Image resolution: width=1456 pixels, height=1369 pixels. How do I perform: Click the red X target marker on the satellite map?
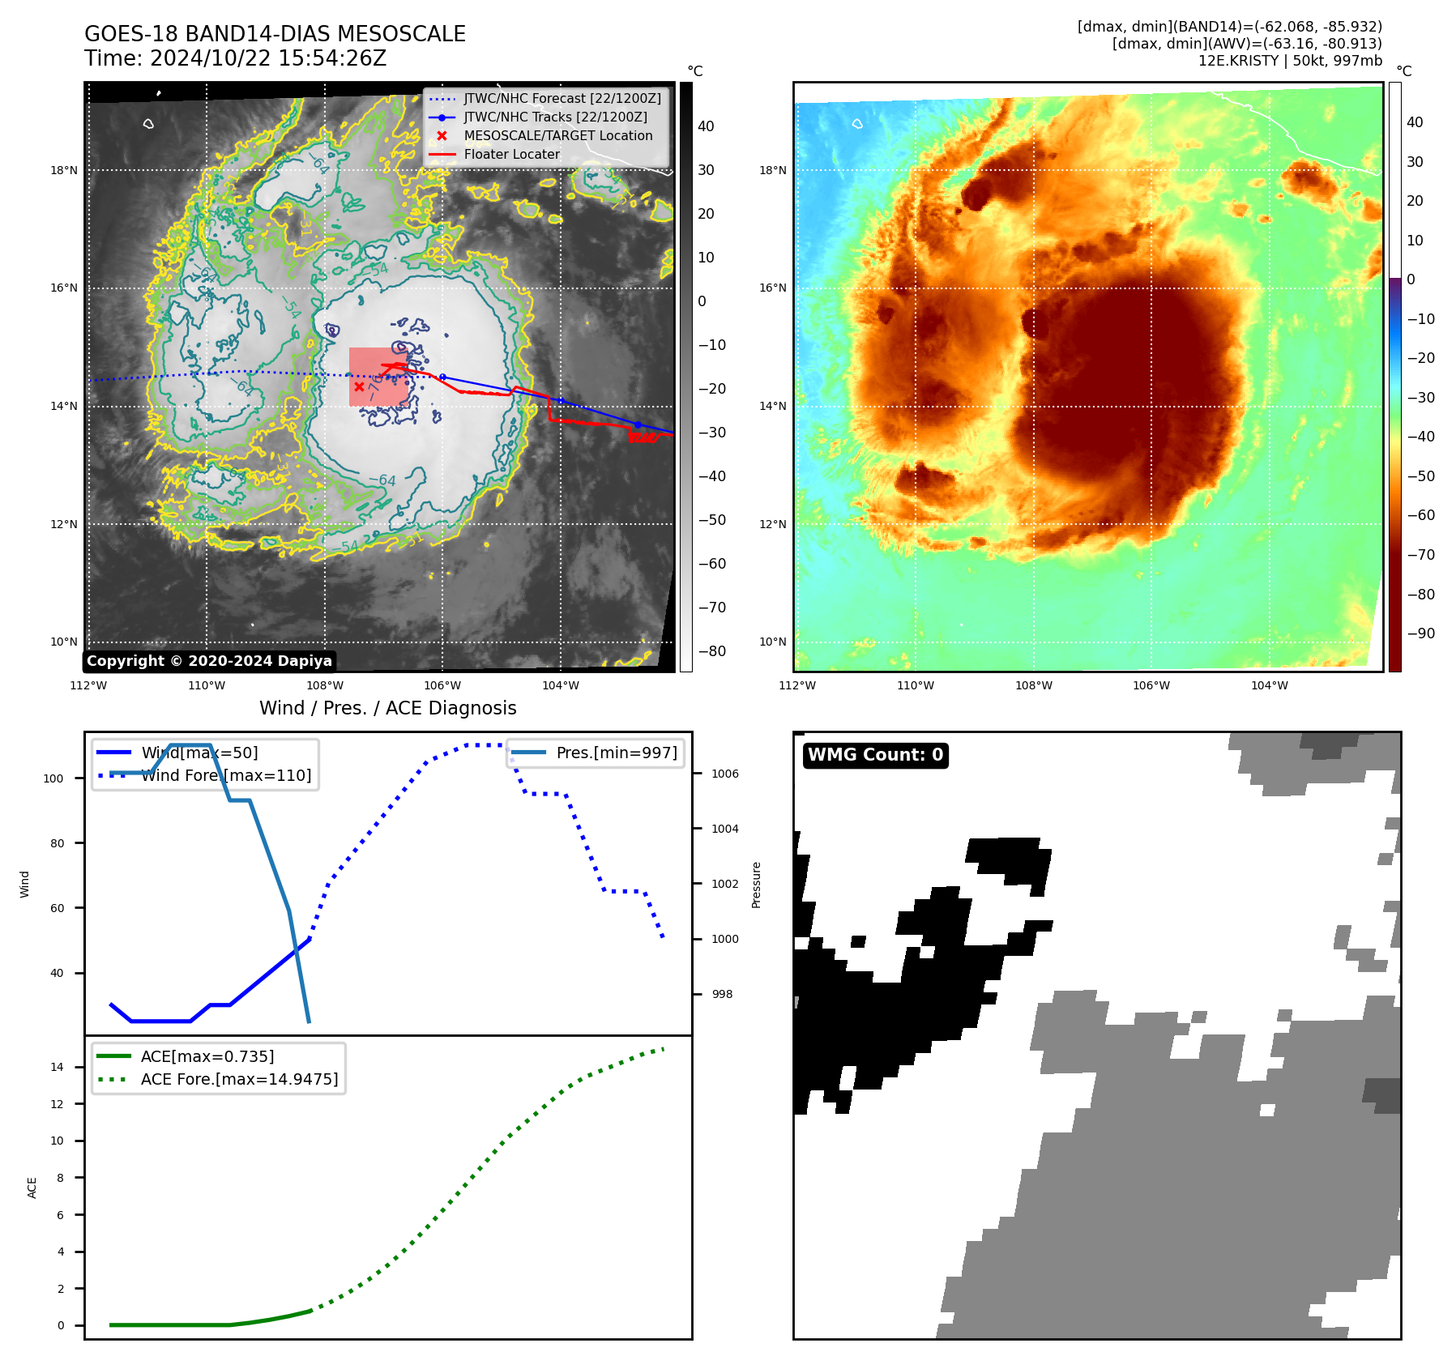click(x=359, y=386)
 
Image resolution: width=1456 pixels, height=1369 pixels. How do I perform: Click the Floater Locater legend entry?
click(x=511, y=155)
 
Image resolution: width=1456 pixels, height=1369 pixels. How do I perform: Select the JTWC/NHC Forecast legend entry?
click(x=561, y=99)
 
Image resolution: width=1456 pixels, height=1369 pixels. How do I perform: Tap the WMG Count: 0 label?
click(x=875, y=755)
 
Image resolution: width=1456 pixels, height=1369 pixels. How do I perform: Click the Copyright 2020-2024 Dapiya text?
click(x=209, y=661)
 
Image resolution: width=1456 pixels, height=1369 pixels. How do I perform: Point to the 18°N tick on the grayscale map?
click(x=64, y=170)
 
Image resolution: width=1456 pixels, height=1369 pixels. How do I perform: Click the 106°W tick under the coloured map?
click(x=1151, y=685)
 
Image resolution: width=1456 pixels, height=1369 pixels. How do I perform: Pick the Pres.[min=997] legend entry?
click(x=616, y=753)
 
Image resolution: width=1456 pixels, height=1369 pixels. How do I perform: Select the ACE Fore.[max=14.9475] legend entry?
click(x=239, y=1079)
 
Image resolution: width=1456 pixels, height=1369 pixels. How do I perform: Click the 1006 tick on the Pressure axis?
click(x=724, y=774)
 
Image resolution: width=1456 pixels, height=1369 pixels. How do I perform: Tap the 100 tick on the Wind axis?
click(x=53, y=778)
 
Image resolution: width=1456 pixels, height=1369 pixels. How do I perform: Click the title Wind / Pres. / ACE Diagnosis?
click(x=387, y=708)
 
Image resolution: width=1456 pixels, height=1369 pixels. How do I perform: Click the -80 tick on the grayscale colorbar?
click(x=712, y=651)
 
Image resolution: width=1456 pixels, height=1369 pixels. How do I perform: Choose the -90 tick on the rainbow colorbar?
click(x=1420, y=633)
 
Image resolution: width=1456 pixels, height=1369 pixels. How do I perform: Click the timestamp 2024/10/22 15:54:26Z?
click(x=268, y=58)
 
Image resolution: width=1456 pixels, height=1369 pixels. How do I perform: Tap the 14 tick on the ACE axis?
click(x=57, y=1067)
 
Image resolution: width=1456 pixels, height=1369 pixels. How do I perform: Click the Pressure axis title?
click(x=756, y=885)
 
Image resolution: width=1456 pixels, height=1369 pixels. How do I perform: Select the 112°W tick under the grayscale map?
click(x=89, y=685)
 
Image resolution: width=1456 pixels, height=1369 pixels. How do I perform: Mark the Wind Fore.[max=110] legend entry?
click(x=226, y=775)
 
